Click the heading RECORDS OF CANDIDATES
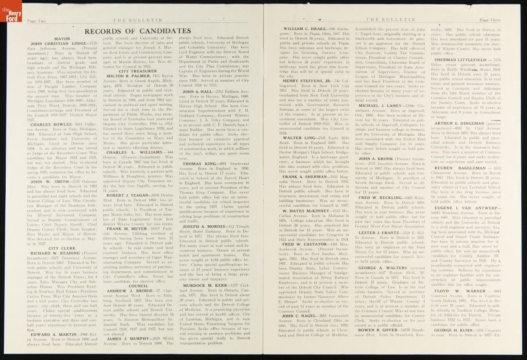click(x=137, y=31)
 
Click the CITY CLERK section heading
click(x=60, y=248)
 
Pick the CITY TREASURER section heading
click(x=137, y=71)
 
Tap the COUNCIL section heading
click(x=138, y=285)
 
